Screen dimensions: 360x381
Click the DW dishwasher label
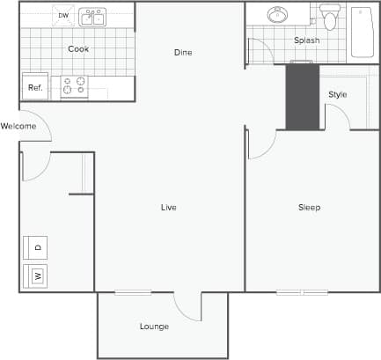click(x=63, y=16)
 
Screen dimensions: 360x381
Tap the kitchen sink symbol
click(x=92, y=17)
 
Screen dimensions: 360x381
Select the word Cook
click(x=78, y=49)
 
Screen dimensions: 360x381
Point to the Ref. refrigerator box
click(x=35, y=86)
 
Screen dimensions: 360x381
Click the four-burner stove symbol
click(x=73, y=86)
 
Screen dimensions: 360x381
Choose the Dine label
click(x=183, y=53)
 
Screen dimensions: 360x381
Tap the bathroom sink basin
click(x=278, y=15)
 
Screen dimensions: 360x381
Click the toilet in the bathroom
click(x=330, y=17)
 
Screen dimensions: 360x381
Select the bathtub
click(x=363, y=32)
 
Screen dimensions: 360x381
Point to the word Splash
click(x=307, y=40)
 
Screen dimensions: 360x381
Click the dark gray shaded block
click(x=302, y=97)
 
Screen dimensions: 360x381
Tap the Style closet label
click(x=338, y=94)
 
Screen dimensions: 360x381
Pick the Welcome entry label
click(x=18, y=126)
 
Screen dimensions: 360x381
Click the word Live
click(x=168, y=208)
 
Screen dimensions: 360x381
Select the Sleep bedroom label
click(x=309, y=208)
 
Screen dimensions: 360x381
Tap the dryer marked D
click(x=36, y=247)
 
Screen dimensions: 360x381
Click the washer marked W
click(x=36, y=276)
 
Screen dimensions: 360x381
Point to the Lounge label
click(x=154, y=327)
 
